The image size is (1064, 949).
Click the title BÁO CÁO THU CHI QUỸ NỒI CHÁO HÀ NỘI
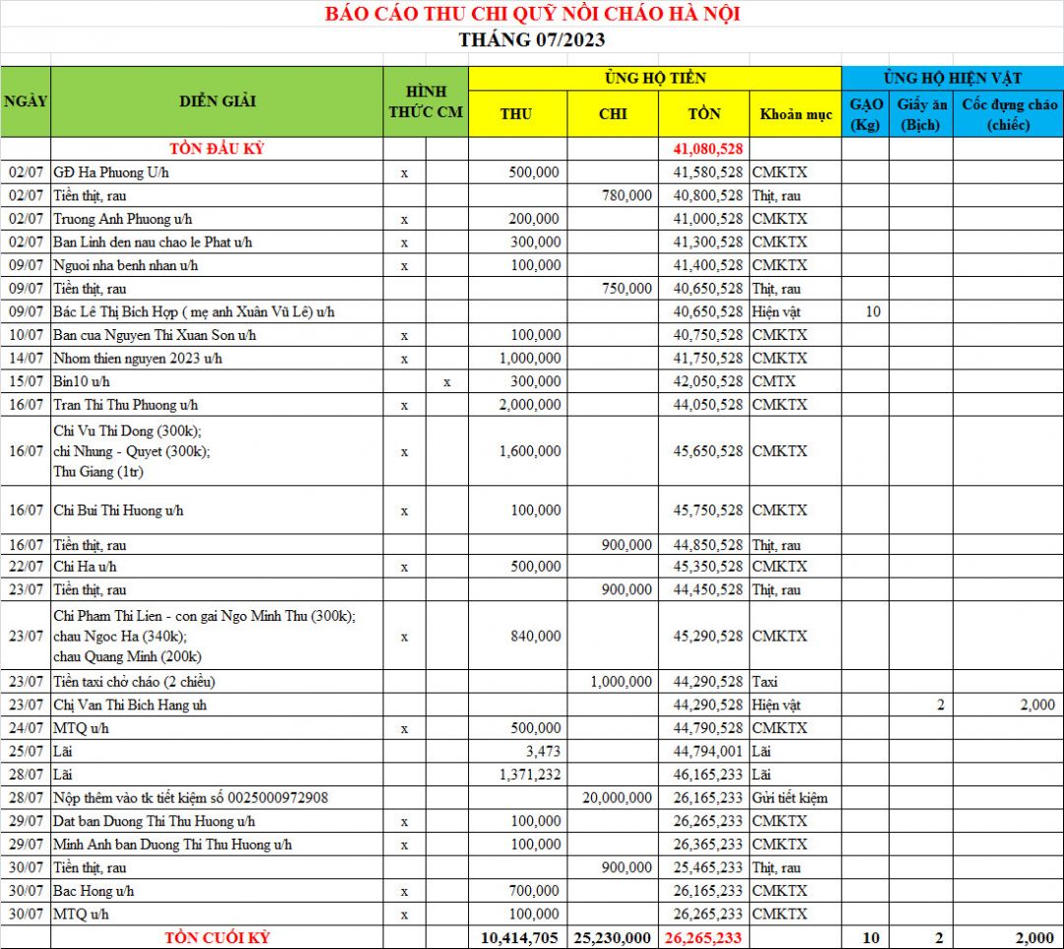tap(532, 14)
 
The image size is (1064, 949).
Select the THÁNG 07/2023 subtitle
tap(532, 40)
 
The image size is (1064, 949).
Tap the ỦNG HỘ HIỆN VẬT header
tap(952, 78)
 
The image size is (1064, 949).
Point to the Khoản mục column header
tap(795, 114)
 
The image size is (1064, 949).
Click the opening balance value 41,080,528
tap(707, 149)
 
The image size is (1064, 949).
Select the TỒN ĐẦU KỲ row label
tap(217, 149)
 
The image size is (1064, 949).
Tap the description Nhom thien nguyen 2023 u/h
tap(138, 359)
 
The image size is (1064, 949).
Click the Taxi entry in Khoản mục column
tap(765, 682)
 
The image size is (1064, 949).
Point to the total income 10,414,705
tap(521, 938)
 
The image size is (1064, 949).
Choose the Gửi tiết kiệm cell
tap(789, 798)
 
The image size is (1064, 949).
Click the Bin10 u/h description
tap(82, 381)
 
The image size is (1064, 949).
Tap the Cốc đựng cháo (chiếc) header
tap(1009, 114)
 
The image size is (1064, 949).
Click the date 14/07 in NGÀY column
tap(26, 359)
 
